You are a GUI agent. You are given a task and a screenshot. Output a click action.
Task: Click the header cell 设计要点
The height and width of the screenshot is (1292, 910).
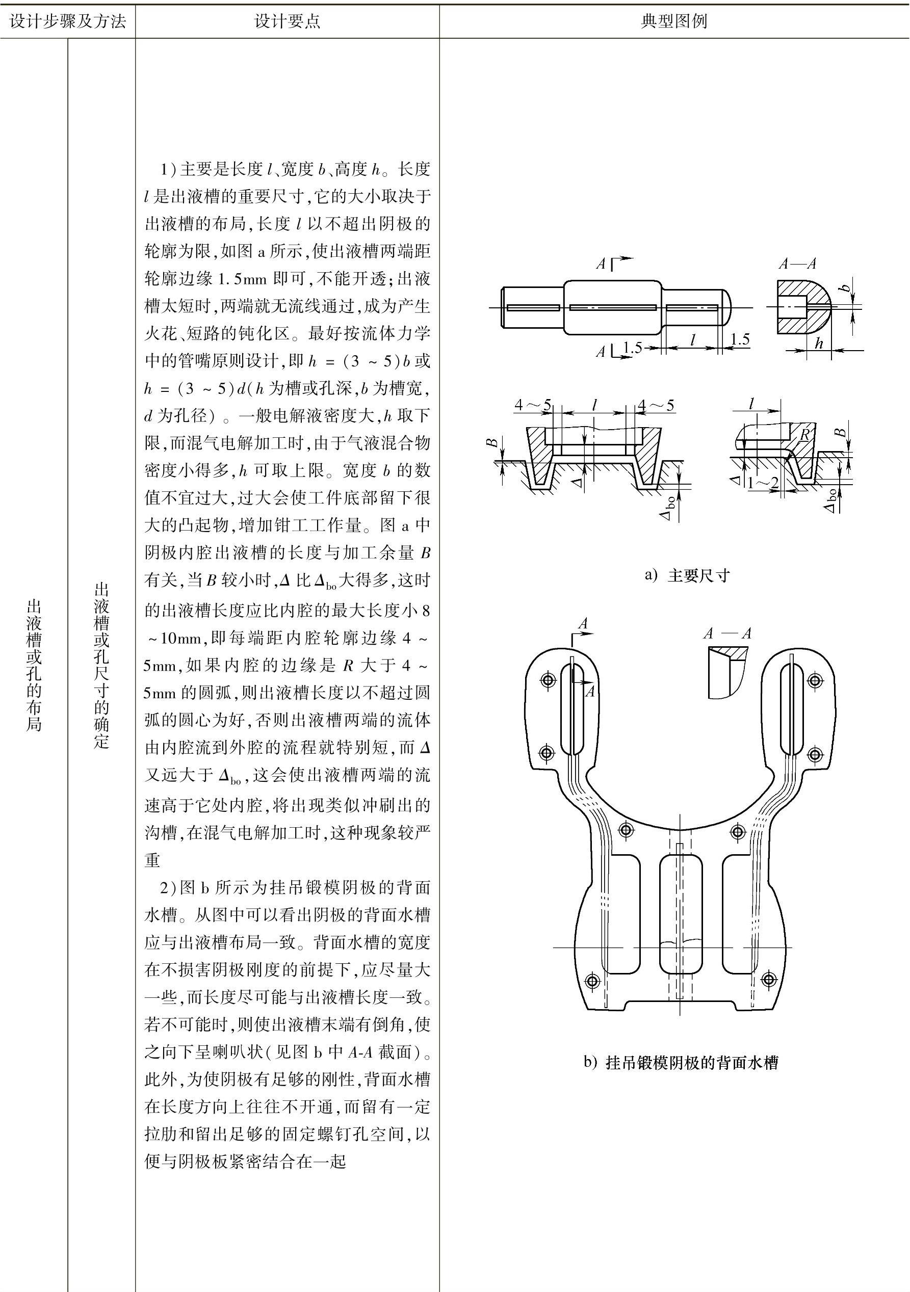point(287,21)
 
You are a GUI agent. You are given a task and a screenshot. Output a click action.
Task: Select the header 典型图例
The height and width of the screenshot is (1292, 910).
point(673,21)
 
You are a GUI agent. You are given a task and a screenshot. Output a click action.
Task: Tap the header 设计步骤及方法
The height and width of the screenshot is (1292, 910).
point(67,21)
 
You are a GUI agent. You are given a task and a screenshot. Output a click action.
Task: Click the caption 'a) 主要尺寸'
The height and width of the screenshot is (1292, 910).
point(687,575)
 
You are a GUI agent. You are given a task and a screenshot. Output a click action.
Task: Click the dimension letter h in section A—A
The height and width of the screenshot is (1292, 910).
point(819,342)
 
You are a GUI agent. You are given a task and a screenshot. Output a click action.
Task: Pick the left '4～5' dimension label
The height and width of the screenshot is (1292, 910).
point(532,405)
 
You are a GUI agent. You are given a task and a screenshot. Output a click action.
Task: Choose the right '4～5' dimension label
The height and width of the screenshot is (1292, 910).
point(656,405)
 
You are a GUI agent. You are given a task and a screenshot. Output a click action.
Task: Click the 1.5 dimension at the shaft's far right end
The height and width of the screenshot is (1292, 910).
point(740,339)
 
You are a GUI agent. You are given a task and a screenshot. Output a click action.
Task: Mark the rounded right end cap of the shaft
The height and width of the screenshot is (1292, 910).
point(726,307)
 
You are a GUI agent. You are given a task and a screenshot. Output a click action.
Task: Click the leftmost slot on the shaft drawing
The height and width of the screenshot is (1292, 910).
point(533,308)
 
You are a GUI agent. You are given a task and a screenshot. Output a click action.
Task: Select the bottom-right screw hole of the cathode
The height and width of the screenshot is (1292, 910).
point(769,979)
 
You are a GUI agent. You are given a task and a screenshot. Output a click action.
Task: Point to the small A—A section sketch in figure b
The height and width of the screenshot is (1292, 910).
point(727,672)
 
